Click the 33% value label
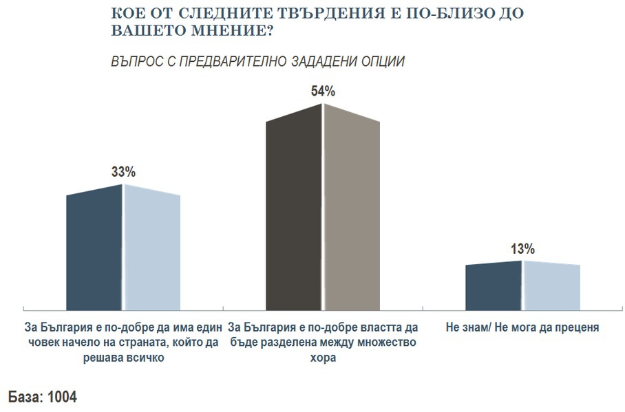tap(123, 173)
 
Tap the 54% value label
tap(323, 91)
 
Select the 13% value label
tap(522, 249)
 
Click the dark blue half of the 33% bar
tap(94, 251)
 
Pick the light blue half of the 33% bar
tap(151, 251)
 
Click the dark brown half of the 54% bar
tap(294, 213)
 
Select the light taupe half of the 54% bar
tap(352, 213)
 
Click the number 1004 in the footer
tap(63, 397)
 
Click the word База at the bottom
tap(25, 397)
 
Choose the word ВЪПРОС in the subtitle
tap(134, 62)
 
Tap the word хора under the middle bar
tap(323, 358)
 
